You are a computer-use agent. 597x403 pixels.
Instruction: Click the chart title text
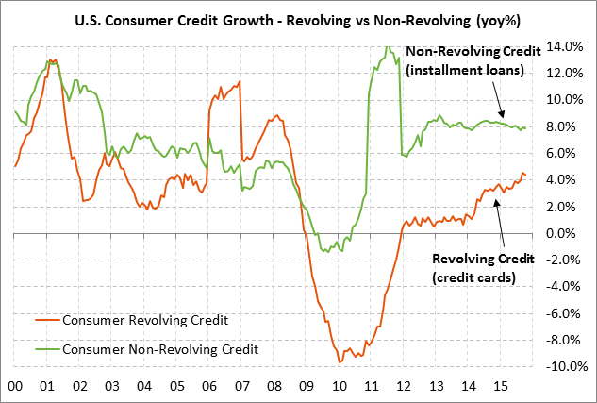coord(298,20)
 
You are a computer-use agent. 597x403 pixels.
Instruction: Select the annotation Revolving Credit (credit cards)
coord(483,267)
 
